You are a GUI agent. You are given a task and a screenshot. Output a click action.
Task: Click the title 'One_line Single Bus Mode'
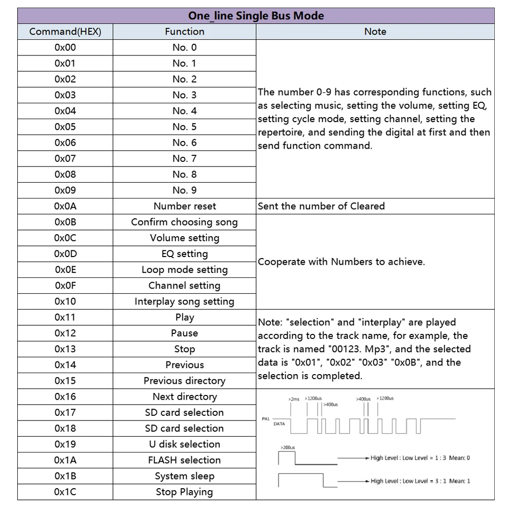[256, 16]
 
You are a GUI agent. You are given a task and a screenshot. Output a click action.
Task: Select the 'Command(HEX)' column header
[65, 32]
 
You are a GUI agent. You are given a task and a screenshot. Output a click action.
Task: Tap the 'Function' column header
[184, 32]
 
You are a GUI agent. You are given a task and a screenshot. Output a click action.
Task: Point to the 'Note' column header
[375, 32]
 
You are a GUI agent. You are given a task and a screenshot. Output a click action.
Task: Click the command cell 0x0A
[65, 206]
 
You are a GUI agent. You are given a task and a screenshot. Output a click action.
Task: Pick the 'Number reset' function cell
[184, 206]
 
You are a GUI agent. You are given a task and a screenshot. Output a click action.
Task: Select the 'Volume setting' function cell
[184, 238]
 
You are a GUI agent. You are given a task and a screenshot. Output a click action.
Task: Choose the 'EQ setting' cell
[184, 253]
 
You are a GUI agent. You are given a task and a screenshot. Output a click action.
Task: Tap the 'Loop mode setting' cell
[184, 270]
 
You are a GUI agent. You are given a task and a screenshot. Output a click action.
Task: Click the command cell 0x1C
[65, 492]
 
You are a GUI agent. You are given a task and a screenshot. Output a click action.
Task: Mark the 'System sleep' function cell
[184, 476]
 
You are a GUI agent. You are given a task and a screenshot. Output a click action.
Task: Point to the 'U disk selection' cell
[184, 444]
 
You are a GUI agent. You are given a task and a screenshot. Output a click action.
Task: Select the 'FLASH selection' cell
[184, 460]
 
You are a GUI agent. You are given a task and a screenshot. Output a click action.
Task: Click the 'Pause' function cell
[184, 333]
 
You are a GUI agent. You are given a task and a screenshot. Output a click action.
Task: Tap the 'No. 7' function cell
[184, 158]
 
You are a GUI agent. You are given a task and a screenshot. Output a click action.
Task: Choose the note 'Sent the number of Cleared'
[321, 206]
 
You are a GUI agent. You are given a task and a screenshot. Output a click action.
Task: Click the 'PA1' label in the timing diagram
[265, 418]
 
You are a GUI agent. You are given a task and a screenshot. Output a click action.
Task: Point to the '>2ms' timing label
[294, 399]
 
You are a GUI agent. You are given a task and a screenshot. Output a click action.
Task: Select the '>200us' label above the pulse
[288, 447]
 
